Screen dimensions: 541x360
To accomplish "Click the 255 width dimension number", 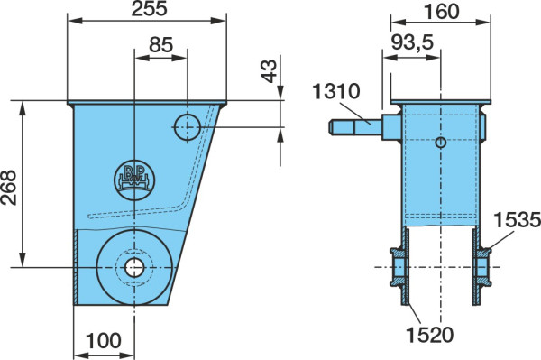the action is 149,8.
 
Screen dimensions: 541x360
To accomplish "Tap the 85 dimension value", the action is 160,44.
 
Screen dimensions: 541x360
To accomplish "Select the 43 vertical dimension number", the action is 270,71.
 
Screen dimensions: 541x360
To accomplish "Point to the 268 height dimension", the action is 9,188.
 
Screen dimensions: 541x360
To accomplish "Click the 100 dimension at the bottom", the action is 104,341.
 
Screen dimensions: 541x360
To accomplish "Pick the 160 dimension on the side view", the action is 441,12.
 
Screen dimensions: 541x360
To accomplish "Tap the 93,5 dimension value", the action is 412,42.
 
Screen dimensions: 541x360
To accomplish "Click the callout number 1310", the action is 336,91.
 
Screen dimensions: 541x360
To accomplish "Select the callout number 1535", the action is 518,220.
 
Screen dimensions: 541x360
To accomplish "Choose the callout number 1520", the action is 429,335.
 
